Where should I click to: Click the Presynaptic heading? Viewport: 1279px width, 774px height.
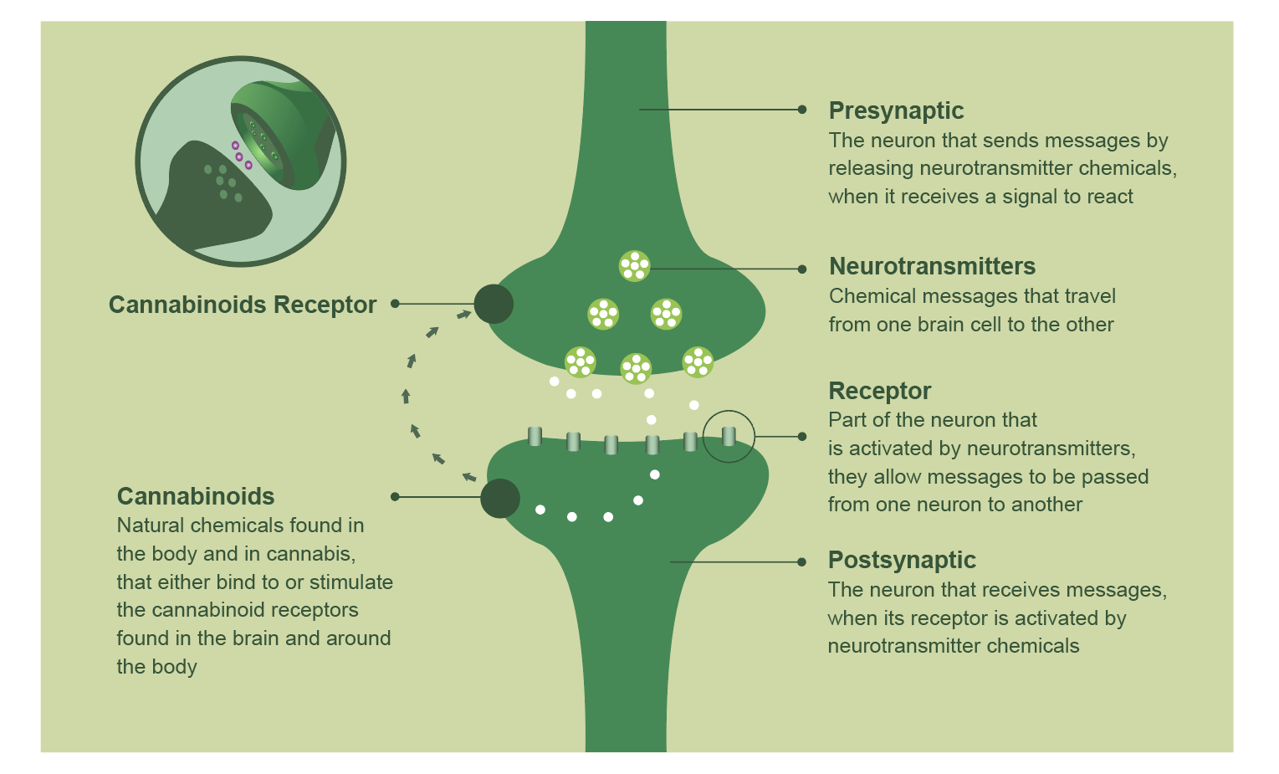(896, 110)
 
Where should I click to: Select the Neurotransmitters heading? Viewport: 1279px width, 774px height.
(932, 266)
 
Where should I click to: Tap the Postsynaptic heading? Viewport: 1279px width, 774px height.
(902, 560)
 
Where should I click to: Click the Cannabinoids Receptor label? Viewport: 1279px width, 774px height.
(243, 305)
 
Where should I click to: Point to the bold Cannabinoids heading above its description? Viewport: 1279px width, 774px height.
(196, 496)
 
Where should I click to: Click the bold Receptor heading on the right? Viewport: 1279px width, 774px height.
(879, 391)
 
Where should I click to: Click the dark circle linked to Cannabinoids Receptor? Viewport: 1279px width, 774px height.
(494, 304)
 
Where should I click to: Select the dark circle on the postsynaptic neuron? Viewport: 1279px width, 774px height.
(500, 498)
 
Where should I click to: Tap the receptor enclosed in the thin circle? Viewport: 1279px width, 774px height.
(729, 436)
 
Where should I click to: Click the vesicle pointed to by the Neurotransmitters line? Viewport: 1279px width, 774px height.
(635, 266)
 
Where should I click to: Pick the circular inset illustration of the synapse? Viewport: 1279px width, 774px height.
(241, 161)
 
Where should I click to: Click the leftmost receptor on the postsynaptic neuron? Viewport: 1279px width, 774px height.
(535, 436)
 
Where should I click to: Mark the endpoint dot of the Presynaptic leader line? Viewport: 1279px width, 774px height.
(802, 110)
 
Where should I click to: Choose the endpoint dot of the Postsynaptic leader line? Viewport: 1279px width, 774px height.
(802, 562)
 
